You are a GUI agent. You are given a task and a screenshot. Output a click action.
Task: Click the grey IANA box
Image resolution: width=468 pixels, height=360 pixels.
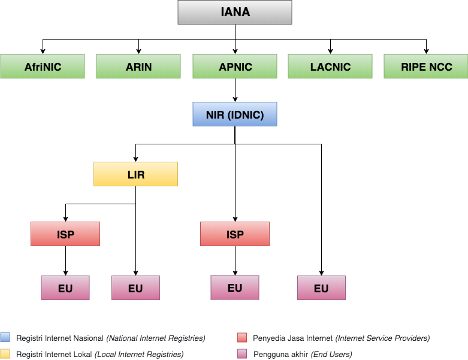click(x=234, y=12)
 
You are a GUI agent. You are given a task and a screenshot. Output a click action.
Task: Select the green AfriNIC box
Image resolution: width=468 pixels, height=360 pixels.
click(x=43, y=66)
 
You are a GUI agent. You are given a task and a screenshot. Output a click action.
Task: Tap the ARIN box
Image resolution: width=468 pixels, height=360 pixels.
click(x=138, y=66)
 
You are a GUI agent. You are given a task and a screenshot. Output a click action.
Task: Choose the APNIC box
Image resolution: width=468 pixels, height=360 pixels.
click(x=234, y=66)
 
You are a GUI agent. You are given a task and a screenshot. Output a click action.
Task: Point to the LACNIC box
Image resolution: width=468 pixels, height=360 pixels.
click(x=330, y=66)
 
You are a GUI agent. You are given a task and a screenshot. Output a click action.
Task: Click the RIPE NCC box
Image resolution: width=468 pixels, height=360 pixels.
click(x=426, y=66)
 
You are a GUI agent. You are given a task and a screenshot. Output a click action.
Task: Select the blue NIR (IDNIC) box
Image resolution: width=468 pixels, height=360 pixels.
click(x=234, y=114)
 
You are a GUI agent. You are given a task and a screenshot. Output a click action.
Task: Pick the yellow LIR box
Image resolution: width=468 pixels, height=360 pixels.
click(x=135, y=174)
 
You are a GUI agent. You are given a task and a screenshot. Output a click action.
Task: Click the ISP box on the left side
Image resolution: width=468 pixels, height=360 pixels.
click(x=65, y=234)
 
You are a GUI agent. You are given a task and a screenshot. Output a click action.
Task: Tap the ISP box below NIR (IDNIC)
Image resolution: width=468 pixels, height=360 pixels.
click(x=234, y=234)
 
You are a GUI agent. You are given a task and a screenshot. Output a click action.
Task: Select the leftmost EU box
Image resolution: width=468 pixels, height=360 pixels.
click(x=65, y=288)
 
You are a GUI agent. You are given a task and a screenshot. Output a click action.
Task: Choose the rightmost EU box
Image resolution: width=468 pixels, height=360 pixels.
click(x=321, y=288)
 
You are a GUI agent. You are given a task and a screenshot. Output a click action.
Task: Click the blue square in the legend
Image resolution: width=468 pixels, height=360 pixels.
click(x=5, y=337)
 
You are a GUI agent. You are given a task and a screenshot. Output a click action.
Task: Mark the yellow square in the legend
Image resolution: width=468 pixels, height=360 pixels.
click(x=5, y=353)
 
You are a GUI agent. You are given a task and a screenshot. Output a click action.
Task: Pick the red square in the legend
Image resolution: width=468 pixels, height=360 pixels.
click(x=242, y=337)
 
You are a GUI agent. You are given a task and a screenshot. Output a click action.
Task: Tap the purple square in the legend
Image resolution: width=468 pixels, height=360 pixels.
click(x=242, y=353)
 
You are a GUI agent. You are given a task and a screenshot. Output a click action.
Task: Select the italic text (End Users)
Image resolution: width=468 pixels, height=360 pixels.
click(x=331, y=355)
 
